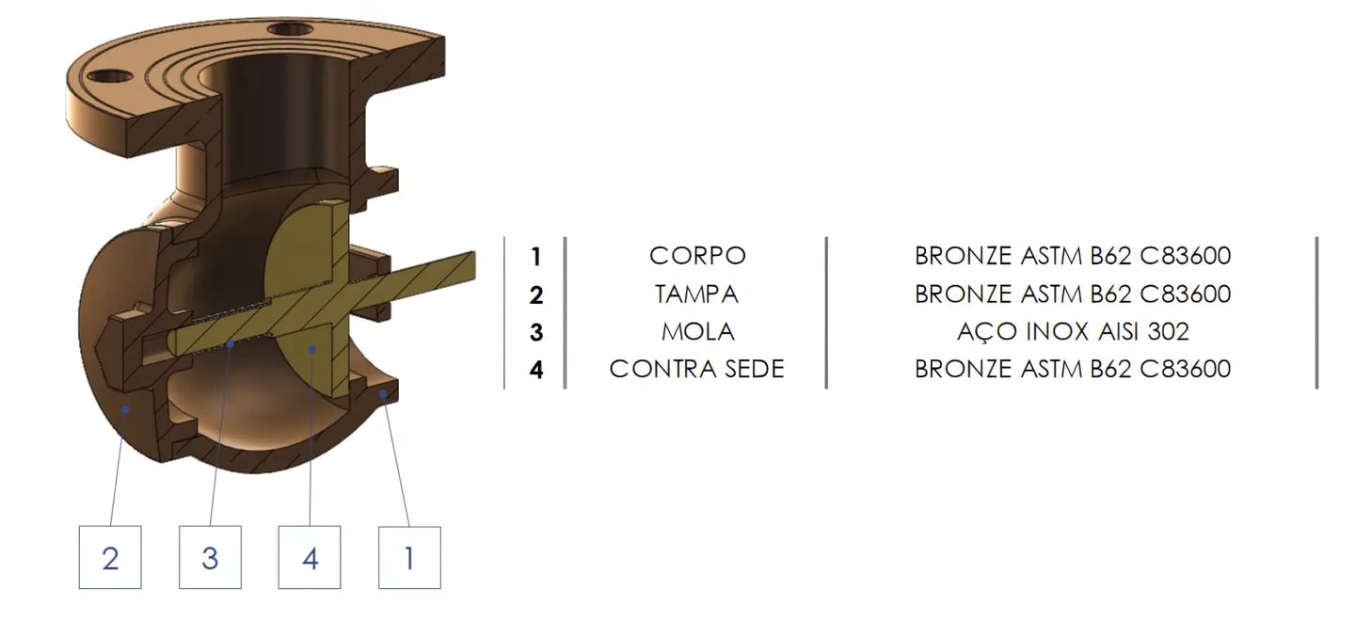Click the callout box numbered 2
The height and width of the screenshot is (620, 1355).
point(110,558)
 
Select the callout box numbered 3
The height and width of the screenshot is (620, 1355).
point(210,558)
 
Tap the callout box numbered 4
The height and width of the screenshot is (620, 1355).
point(310,558)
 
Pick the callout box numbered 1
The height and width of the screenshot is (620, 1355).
point(408,558)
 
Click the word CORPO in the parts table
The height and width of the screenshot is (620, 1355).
point(697,256)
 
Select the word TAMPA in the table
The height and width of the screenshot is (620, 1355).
point(697,294)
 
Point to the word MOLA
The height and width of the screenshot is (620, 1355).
point(697,331)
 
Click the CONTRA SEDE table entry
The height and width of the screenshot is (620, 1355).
point(697,369)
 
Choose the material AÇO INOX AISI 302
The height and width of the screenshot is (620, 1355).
point(1073,331)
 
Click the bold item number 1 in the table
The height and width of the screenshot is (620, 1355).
point(535,256)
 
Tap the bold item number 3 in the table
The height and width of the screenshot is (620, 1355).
point(535,332)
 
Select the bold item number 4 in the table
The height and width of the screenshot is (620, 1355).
point(535,370)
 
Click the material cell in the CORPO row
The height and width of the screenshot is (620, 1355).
point(1073,256)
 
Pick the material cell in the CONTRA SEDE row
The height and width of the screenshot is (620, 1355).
point(1073,369)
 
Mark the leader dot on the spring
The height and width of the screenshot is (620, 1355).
point(232,345)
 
